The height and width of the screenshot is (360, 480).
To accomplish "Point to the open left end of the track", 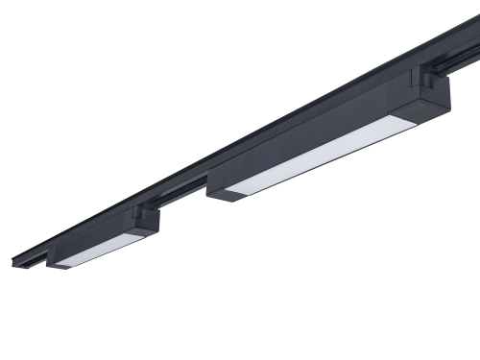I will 19,259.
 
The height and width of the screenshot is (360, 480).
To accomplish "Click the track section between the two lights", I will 182,190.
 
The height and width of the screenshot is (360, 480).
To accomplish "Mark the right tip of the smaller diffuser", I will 144,233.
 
